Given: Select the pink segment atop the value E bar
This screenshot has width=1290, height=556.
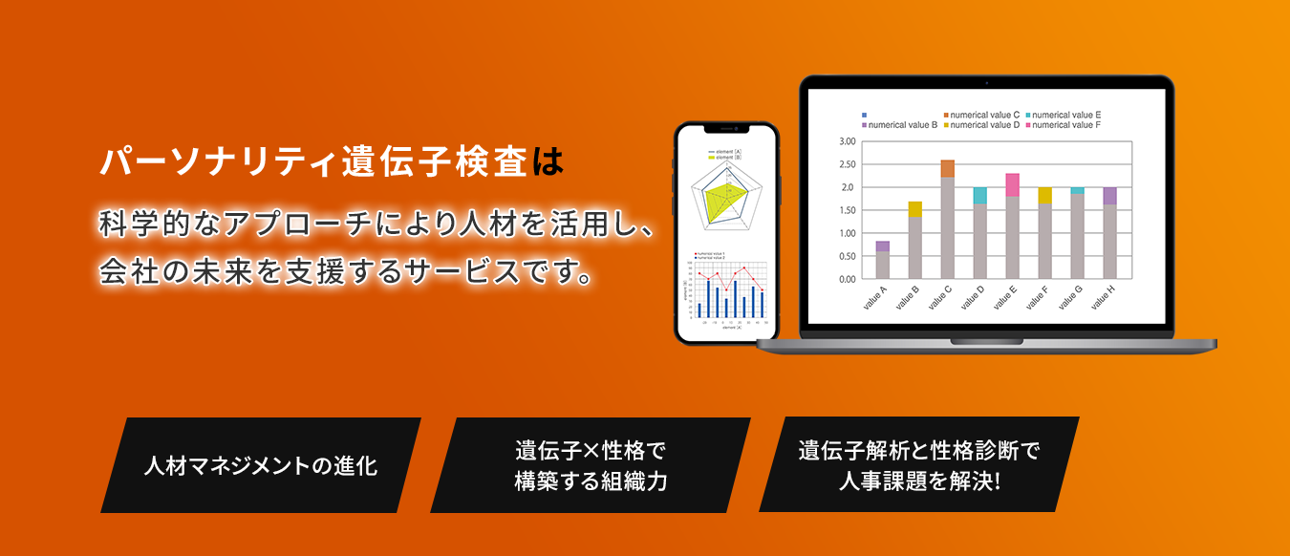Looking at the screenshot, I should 1012,184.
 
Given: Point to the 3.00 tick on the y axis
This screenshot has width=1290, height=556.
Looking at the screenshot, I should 847,141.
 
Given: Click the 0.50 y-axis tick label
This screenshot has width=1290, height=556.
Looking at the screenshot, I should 847,256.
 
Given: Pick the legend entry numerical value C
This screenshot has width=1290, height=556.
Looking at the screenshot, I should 984,115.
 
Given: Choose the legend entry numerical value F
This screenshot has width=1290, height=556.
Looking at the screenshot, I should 1066,125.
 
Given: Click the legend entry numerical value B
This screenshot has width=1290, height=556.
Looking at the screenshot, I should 902,125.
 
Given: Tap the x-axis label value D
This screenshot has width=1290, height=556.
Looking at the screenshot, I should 973,299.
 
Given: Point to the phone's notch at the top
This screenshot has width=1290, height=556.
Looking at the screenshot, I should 726,129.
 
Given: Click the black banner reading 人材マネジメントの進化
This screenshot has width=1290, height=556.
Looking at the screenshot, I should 260,466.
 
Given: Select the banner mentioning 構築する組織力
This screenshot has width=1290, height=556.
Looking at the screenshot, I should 590,465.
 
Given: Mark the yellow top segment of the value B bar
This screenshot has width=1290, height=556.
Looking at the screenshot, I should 914,209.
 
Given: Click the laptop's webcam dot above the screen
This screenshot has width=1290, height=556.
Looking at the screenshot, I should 986,82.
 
